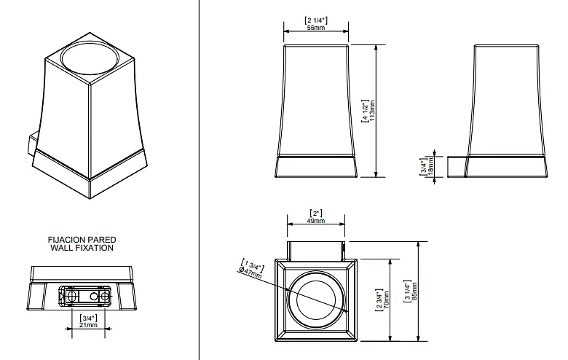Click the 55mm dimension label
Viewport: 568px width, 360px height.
coord(316,28)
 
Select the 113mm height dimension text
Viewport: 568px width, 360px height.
coord(372,111)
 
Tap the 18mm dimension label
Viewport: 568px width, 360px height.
coord(430,167)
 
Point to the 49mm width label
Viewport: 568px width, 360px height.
coord(316,220)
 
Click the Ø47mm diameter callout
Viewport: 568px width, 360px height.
coord(251,273)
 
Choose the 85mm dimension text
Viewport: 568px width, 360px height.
coord(415,291)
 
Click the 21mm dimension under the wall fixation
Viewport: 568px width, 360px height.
coord(89,325)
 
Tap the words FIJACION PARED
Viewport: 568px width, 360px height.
coord(82,240)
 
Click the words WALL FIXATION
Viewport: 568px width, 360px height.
coord(82,248)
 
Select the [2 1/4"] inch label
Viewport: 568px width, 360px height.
coord(316,20)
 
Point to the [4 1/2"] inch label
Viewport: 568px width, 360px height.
coord(365,111)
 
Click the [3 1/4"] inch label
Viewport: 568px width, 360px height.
coord(408,291)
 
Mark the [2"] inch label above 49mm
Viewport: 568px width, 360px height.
coord(316,214)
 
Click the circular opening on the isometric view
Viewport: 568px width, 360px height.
coord(90,59)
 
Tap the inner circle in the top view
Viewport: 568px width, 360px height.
coord(316,300)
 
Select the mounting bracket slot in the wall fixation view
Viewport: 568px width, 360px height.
coord(85,295)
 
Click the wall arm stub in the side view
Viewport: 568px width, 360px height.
coord(457,167)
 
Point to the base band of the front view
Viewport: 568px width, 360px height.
coord(316,167)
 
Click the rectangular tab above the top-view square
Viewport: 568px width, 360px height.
coord(316,251)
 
